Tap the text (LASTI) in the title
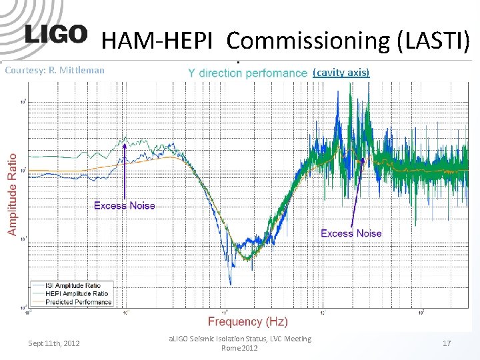tap(433, 41)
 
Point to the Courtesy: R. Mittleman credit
tap(54, 69)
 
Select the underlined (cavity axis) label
tap(341, 71)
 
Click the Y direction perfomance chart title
tap(247, 73)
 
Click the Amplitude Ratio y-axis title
tap(12, 194)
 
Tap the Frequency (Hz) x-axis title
tap(247, 321)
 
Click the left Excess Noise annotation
tap(125, 205)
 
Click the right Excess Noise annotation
tap(351, 233)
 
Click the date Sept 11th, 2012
tap(54, 343)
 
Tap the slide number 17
tap(447, 343)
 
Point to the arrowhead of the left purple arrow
tap(125, 145)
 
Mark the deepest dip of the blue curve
tap(231, 283)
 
